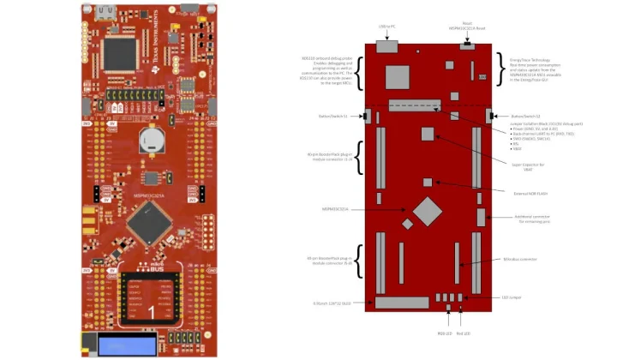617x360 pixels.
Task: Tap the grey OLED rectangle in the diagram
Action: click(x=401, y=303)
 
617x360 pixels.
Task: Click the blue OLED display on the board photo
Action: click(x=127, y=345)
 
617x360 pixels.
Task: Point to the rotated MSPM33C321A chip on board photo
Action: click(x=147, y=226)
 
